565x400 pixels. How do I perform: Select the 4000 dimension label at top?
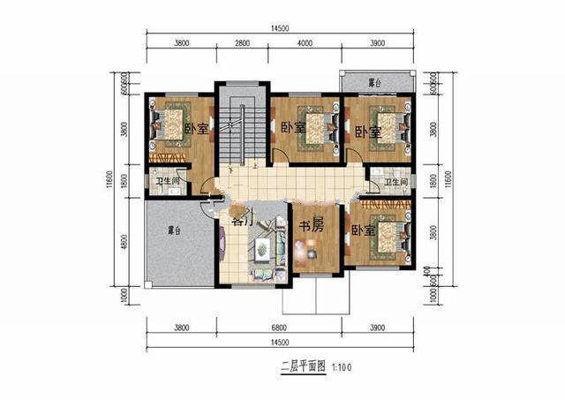(x=305, y=43)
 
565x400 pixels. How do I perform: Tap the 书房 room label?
(x=309, y=226)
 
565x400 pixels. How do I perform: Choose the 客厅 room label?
(x=241, y=222)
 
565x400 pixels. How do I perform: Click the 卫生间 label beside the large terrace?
(x=169, y=183)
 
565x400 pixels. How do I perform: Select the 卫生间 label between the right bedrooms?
(x=395, y=183)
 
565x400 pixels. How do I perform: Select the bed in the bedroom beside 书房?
(x=388, y=235)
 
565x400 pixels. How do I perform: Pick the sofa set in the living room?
(x=263, y=253)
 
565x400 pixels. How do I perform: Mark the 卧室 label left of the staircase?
(x=197, y=129)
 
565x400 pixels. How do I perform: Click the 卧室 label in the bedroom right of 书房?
(x=363, y=230)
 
